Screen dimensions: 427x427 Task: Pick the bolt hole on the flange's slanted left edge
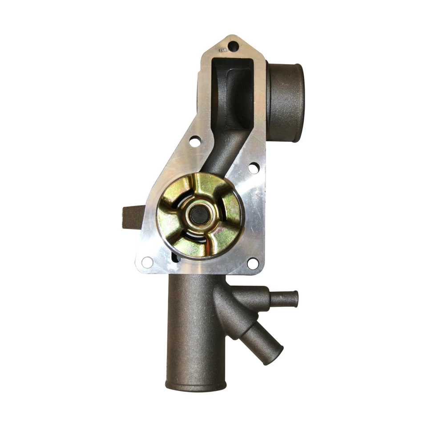pos(195,141)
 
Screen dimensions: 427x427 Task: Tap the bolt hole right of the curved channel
pos(254,168)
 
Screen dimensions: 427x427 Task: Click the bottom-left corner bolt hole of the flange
pos(147,262)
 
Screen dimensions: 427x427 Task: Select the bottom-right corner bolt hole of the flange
pos(253,263)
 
